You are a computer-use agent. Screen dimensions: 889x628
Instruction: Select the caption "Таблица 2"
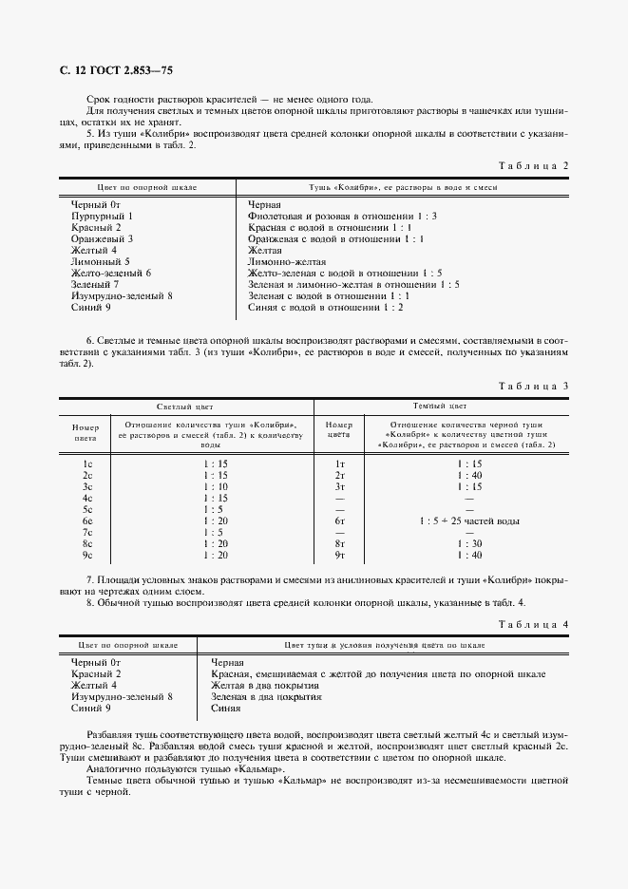(532, 165)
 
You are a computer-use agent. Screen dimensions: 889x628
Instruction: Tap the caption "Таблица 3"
(532, 385)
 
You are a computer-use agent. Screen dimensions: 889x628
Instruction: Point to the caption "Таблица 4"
(532, 623)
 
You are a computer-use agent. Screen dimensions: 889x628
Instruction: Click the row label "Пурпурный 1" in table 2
(101, 217)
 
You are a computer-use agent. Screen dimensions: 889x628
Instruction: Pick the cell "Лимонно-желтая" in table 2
(287, 261)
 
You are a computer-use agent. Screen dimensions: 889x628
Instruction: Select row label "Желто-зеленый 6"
(111, 273)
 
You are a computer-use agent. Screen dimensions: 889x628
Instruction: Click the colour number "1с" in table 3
(86, 463)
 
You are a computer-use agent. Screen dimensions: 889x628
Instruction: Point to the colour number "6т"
(339, 521)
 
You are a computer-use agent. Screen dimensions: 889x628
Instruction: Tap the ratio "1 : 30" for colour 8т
(469, 543)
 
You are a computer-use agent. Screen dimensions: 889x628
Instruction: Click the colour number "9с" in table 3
(86, 555)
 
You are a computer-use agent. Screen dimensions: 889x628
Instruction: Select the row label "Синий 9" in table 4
(92, 708)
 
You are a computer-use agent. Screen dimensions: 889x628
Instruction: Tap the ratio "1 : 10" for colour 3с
(214, 486)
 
